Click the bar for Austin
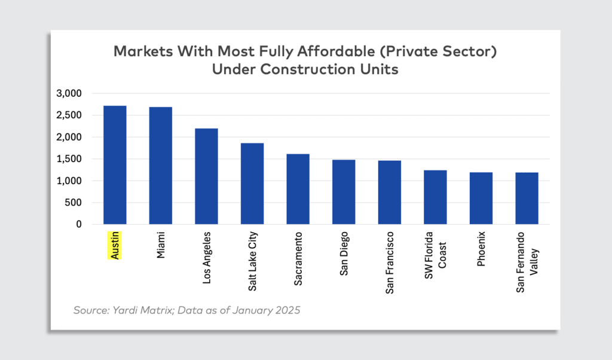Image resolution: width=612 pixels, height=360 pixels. (115, 165)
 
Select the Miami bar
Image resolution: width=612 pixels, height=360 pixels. (160, 166)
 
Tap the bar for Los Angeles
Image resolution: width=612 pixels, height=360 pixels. (206, 176)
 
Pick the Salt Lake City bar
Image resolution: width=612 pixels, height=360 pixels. (252, 184)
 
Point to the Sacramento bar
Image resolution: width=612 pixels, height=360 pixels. (298, 189)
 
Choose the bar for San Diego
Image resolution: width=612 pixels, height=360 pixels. (344, 192)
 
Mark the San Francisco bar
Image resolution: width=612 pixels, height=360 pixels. (389, 193)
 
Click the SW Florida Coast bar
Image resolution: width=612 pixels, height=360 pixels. (435, 197)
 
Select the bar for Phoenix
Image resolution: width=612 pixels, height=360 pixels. (481, 199)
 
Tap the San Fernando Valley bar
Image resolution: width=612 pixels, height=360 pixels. (527, 199)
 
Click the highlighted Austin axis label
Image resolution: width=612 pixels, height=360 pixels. (115, 245)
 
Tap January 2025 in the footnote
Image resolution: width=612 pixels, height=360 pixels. (267, 310)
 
